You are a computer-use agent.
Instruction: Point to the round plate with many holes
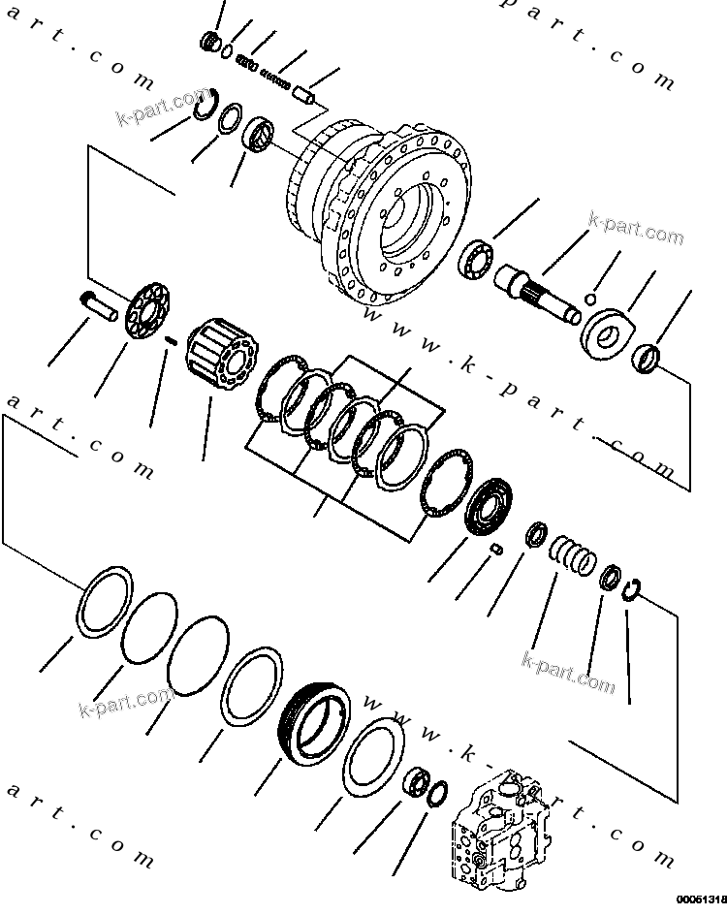[147, 308]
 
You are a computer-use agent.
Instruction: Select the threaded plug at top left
[208, 42]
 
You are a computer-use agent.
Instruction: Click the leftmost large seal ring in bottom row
[103, 602]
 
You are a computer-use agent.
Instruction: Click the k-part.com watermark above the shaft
[636, 231]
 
